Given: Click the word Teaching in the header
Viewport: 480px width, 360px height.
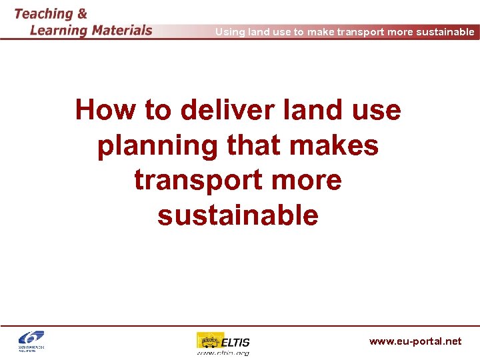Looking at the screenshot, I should [43, 14].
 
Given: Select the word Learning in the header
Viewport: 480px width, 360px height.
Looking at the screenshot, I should [59, 30].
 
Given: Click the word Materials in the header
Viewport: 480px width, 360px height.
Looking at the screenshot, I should [121, 30].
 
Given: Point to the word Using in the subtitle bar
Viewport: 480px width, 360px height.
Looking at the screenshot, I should [230, 32].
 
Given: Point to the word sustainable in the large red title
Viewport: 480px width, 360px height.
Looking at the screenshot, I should [238, 216].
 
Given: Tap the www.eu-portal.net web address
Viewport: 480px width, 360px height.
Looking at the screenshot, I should [415, 341].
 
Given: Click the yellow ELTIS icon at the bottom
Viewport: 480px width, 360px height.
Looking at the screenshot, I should [209, 341].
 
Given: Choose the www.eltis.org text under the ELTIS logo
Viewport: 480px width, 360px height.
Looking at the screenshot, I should [223, 353].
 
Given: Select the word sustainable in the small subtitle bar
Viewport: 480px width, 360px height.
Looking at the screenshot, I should [448, 32].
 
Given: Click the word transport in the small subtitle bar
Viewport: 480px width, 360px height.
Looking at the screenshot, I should [358, 32].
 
